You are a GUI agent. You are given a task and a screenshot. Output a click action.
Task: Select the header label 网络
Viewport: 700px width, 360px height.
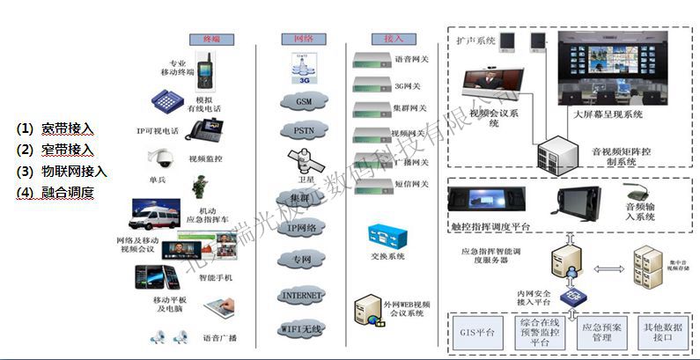pyautogui.click(x=291, y=40)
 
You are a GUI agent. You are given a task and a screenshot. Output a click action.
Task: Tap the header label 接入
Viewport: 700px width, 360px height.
pyautogui.click(x=393, y=40)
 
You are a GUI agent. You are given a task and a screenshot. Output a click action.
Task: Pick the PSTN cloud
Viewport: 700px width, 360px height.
pyautogui.click(x=303, y=131)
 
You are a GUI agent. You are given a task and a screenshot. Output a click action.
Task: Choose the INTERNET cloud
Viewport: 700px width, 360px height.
pyautogui.click(x=301, y=295)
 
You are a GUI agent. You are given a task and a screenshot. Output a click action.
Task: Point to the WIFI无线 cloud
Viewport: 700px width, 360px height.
pyautogui.click(x=301, y=329)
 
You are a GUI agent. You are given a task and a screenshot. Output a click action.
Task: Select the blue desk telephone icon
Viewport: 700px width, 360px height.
pyautogui.click(x=166, y=102)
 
